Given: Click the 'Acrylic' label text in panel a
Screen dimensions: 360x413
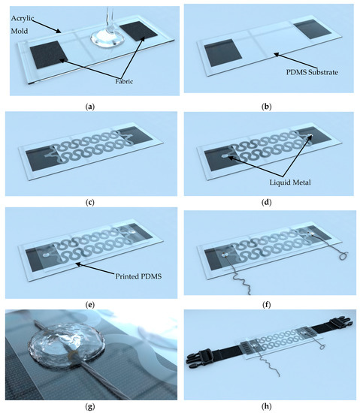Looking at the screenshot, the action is (23, 19).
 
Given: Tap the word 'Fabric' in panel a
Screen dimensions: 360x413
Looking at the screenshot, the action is (124, 81).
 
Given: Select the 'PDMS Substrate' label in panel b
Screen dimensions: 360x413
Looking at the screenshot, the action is (312, 72).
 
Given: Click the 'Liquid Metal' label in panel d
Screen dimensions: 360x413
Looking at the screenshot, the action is (290, 182).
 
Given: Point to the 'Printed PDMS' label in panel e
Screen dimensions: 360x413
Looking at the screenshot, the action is (138, 276).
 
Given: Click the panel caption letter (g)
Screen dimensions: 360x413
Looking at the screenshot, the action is (90, 407).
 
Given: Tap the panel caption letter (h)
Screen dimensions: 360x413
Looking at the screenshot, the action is (267, 406).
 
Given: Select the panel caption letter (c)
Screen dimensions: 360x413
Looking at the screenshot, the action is (90, 203).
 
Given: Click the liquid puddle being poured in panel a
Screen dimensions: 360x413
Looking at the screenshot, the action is (107, 40).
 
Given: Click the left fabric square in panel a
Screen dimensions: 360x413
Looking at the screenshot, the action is (49, 55).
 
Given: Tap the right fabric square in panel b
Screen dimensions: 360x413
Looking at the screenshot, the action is (313, 29).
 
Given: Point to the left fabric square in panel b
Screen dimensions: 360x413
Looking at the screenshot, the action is (223, 53).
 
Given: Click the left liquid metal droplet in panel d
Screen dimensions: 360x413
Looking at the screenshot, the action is (225, 157).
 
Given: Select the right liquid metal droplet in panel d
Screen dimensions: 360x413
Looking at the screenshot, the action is (310, 136).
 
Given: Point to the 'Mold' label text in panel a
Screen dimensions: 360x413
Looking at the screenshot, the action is (20, 31).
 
